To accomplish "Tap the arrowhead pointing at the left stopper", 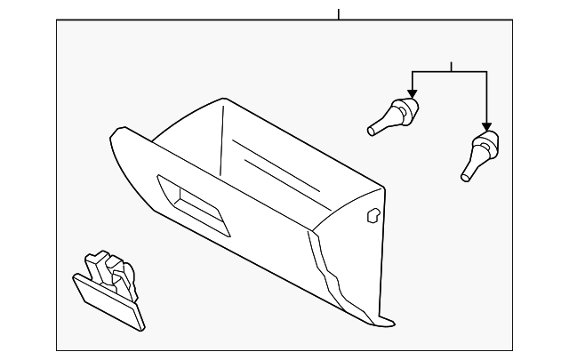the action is pyautogui.click(x=412, y=92).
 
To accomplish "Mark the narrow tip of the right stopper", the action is pyautogui.click(x=465, y=177).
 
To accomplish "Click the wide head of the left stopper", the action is pyautogui.click(x=406, y=112).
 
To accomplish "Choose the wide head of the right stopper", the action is pyautogui.click(x=487, y=141).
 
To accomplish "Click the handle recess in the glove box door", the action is pyautogui.click(x=193, y=205).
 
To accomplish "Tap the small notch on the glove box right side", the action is pyautogui.click(x=373, y=213).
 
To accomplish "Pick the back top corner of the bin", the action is pyautogui.click(x=217, y=100).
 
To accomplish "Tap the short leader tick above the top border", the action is pyautogui.click(x=339, y=13).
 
